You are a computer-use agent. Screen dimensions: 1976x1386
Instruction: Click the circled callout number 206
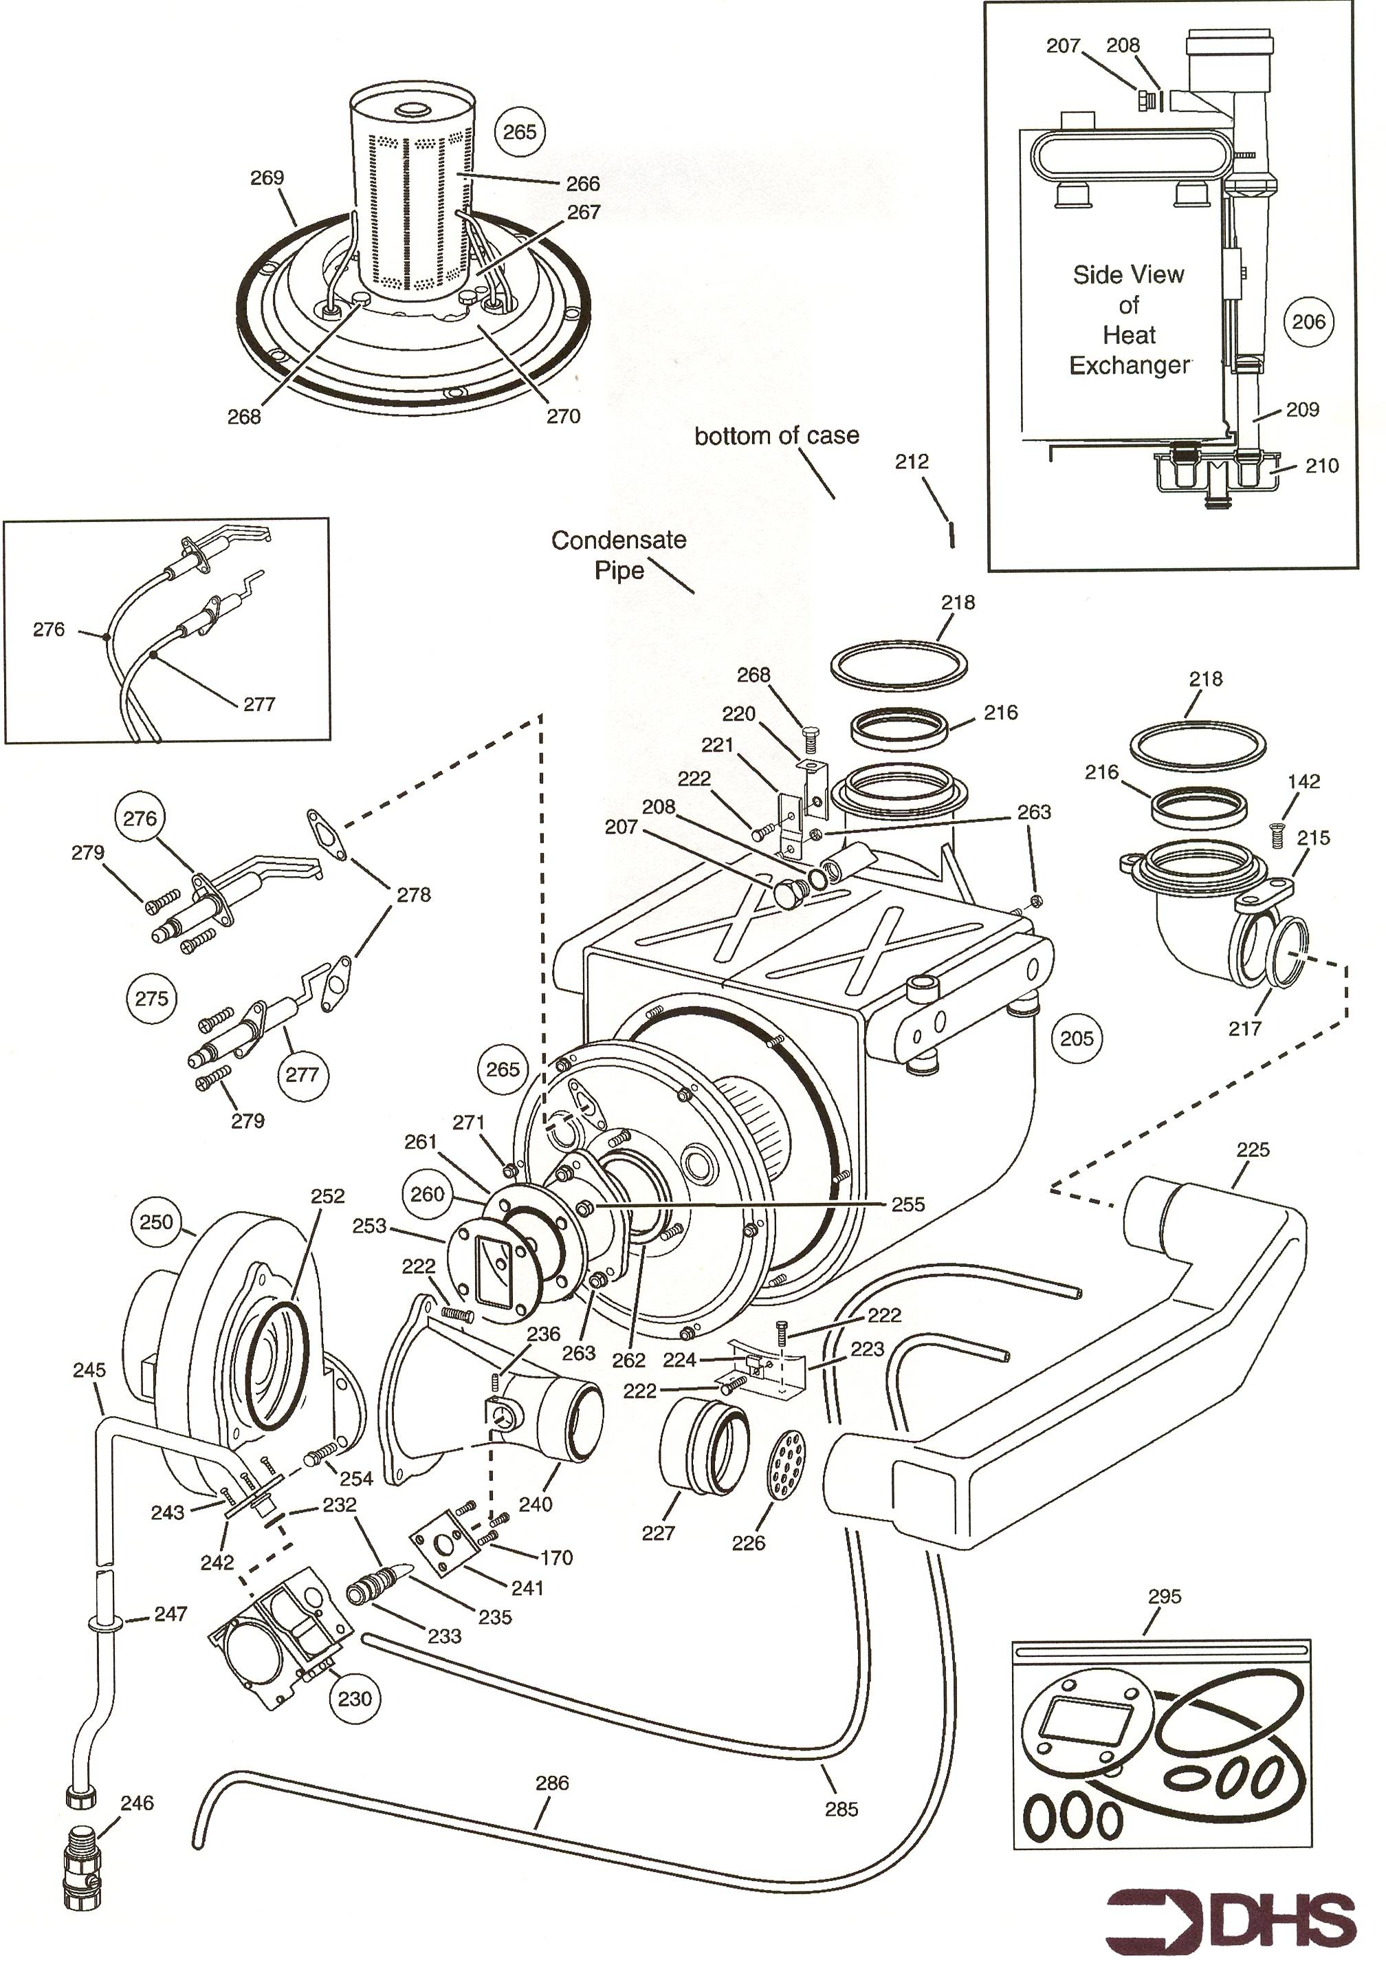click(1308, 322)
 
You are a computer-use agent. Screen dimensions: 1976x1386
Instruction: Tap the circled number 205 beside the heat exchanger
click(1076, 1038)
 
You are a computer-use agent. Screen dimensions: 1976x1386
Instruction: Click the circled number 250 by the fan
click(156, 1222)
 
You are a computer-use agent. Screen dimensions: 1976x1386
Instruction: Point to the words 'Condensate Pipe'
click(619, 555)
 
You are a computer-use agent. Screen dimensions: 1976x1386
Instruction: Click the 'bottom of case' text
click(776, 435)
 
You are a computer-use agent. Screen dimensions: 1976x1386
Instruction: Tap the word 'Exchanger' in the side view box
click(1129, 366)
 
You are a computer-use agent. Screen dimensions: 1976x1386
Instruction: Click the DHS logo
click(1229, 1915)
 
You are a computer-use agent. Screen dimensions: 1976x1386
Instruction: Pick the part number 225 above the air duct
click(1253, 1150)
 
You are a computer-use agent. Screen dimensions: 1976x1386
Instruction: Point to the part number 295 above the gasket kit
click(1164, 1596)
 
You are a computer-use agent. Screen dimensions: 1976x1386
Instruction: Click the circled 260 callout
click(427, 1195)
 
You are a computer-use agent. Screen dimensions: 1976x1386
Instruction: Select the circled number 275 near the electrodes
click(151, 999)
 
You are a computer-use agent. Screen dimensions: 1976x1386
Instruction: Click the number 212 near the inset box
click(911, 462)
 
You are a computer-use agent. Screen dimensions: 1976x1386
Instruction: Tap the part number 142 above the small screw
click(1303, 781)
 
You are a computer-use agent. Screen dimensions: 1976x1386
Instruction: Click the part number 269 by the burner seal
click(267, 178)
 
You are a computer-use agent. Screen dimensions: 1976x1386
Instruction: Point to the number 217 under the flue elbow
click(1244, 1028)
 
